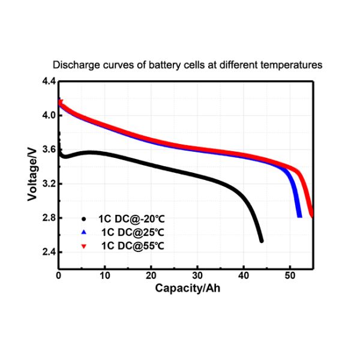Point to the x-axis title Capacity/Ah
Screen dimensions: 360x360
pyautogui.click(x=187, y=288)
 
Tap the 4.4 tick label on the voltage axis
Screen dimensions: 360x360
pyautogui.click(x=48, y=81)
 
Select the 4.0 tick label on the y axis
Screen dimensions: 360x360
pyautogui.click(x=48, y=115)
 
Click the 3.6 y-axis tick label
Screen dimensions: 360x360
pyautogui.click(x=48, y=149)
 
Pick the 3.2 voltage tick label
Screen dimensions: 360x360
pyautogui.click(x=48, y=184)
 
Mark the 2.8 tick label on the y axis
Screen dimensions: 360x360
pyautogui.click(x=48, y=218)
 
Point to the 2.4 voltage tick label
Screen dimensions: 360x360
pyautogui.click(x=48, y=252)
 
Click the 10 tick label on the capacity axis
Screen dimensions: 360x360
pyautogui.click(x=105, y=276)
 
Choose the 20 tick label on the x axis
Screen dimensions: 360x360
pyautogui.click(x=151, y=276)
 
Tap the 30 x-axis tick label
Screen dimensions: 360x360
pyautogui.click(x=197, y=276)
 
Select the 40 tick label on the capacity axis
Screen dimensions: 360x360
pyautogui.click(x=244, y=276)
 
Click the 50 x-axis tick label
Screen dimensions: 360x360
pyautogui.click(x=290, y=276)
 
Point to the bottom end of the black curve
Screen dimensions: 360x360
pyautogui.click(x=261, y=241)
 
